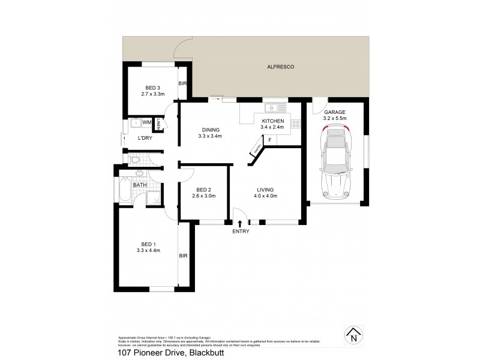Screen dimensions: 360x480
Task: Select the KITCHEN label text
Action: [x=272, y=121]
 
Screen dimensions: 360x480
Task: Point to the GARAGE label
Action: [x=335, y=112]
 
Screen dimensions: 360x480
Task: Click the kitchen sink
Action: [x=275, y=108]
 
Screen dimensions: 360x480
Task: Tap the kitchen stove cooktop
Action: [x=295, y=124]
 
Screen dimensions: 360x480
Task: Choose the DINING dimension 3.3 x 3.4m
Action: [x=210, y=136]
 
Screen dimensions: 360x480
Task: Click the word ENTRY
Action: [x=240, y=232]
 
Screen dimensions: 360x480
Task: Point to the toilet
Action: [x=135, y=161]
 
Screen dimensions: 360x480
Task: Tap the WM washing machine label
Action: [x=146, y=122]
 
